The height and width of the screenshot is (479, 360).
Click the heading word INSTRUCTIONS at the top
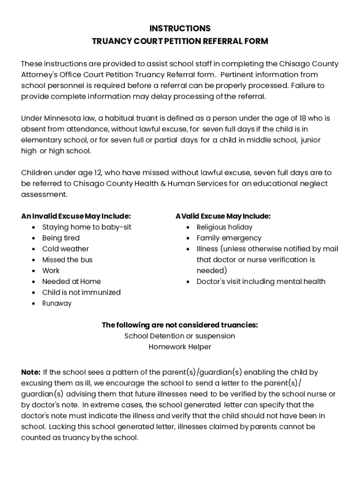tap(180, 29)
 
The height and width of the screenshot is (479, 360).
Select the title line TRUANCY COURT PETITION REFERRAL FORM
tap(180, 41)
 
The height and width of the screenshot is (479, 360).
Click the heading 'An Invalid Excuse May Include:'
tap(76, 216)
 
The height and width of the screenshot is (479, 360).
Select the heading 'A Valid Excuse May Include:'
tap(223, 216)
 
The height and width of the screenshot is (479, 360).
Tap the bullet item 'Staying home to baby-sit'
tap(86, 227)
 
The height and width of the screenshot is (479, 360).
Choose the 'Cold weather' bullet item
tap(65, 249)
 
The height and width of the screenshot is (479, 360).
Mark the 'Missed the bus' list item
tap(67, 260)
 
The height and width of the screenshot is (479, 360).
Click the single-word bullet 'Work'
tap(51, 270)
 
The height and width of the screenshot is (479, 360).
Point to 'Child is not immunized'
tap(81, 292)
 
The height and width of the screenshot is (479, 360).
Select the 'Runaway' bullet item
tap(57, 304)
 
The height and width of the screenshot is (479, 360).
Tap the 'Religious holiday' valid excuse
tap(224, 227)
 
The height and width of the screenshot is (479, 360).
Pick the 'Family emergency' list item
tap(229, 238)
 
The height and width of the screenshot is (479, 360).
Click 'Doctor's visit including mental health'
tap(261, 282)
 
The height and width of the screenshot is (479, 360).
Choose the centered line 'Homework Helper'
tap(180, 347)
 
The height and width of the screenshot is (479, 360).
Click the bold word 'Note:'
tap(31, 372)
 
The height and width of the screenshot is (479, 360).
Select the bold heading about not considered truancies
tap(180, 325)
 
